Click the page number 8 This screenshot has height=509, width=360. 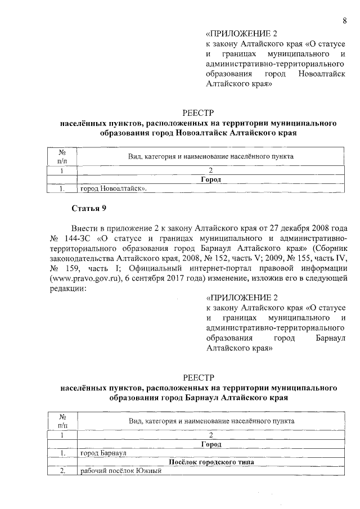(x=344, y=21)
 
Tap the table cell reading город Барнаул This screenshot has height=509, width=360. (x=102, y=453)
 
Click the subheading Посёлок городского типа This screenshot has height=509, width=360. (x=210, y=462)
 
